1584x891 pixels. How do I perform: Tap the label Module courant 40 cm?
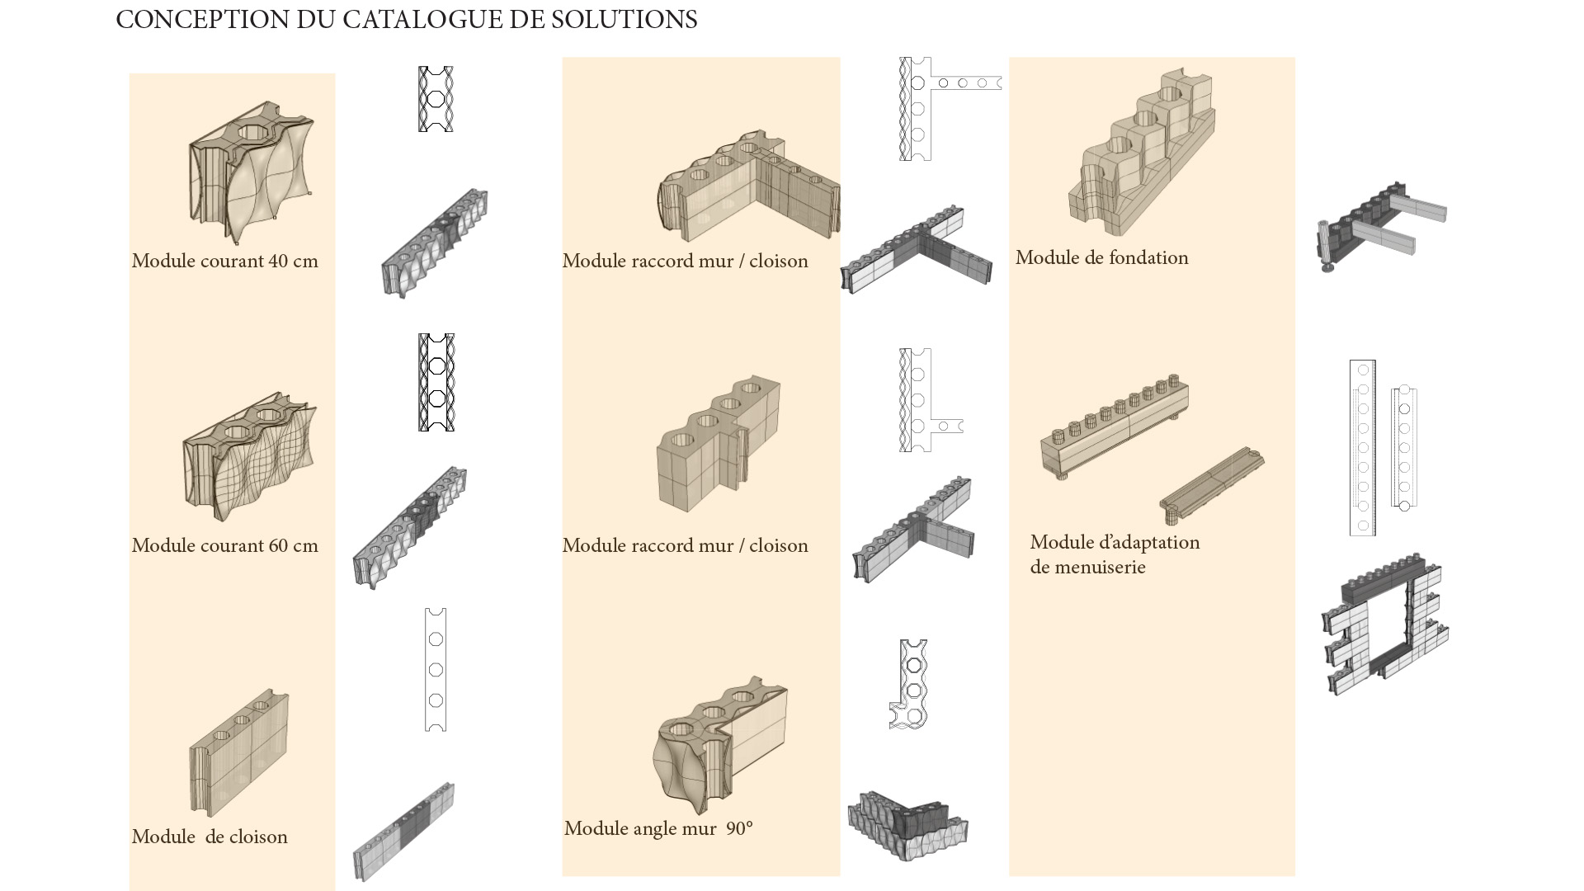tap(224, 262)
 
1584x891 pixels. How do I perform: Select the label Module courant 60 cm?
tap(224, 546)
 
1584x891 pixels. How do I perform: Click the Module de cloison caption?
tap(210, 837)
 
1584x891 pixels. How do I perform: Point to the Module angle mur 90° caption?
tap(658, 829)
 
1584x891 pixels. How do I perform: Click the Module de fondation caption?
tap(1101, 258)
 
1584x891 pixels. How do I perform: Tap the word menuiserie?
tap(1087, 568)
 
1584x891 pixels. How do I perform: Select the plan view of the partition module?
tap(436, 670)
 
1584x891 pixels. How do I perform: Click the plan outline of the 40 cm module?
tap(436, 99)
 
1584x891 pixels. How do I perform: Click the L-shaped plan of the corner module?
tap(910, 685)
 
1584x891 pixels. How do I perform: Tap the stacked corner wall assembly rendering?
tap(907, 825)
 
